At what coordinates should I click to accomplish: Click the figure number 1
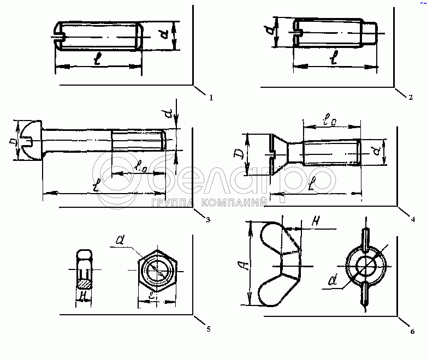211,98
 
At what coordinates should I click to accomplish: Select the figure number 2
410,98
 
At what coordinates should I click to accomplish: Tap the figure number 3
207,220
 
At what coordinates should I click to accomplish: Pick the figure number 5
207,329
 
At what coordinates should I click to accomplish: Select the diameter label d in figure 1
164,35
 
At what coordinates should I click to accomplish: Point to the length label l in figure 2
334,56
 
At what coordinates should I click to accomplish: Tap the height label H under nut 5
83,296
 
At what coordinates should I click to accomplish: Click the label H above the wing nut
315,220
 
